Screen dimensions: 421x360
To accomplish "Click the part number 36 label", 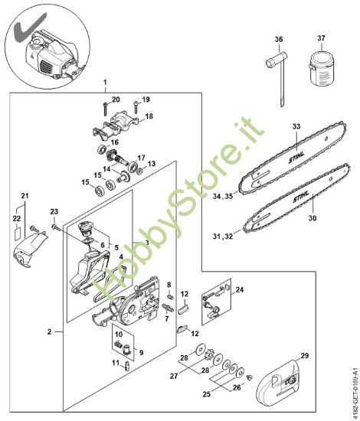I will [279, 39].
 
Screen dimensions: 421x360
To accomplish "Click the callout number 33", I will [296, 126].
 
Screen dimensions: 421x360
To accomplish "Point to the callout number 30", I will [311, 217].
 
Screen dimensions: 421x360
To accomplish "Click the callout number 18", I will [149, 116].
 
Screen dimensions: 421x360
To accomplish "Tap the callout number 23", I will [54, 211].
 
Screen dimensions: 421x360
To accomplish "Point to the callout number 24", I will [240, 289].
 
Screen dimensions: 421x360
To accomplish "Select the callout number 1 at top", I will [105, 81].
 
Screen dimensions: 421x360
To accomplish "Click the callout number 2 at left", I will [49, 332].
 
